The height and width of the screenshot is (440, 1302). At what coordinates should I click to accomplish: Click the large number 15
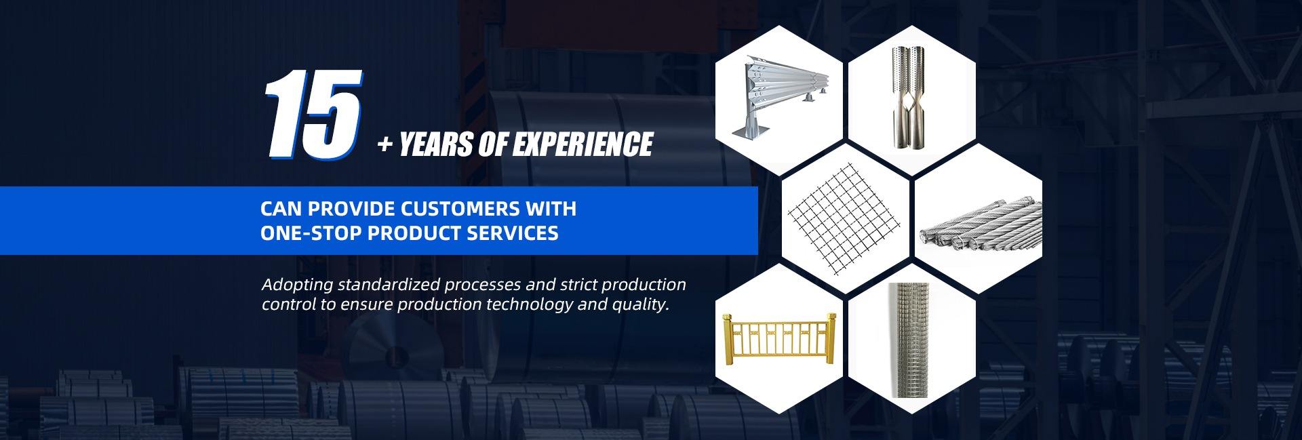click(x=313, y=115)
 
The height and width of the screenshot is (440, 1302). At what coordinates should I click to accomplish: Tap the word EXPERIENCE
click(x=582, y=144)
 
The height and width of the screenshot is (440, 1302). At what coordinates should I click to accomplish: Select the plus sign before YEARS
click(x=385, y=145)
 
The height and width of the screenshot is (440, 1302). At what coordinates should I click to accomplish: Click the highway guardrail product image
click(x=779, y=94)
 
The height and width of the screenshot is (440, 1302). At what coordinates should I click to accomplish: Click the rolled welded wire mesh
click(x=912, y=340)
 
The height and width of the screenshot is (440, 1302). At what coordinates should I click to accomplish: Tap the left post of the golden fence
click(x=729, y=340)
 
